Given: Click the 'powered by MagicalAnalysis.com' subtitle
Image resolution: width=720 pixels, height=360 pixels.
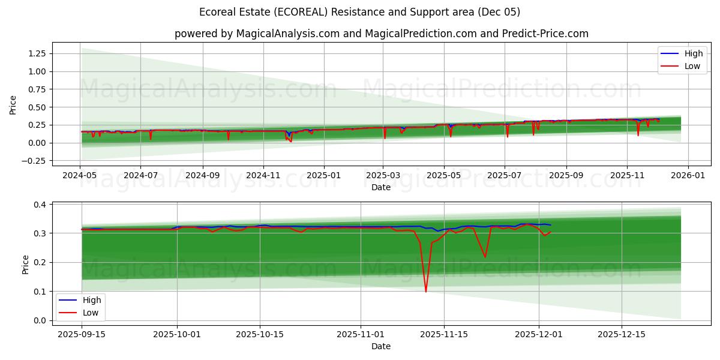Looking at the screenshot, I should (x=381, y=34).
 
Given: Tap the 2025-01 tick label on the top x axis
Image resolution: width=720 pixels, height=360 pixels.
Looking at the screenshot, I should (x=324, y=176).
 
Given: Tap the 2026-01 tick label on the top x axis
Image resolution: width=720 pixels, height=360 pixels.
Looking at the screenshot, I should (x=688, y=176).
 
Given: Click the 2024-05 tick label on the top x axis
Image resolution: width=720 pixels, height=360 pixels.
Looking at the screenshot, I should (x=80, y=176).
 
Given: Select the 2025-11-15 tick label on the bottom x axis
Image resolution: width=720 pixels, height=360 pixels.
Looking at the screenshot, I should (x=443, y=335).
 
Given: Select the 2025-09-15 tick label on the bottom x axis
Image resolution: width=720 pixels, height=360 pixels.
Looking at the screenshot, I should (x=82, y=335).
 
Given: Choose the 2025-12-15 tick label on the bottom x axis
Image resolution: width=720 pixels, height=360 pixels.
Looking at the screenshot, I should (x=622, y=335).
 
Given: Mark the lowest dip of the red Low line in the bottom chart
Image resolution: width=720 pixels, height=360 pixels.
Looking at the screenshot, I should (x=426, y=292).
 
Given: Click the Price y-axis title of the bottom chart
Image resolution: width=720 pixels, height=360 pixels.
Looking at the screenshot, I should (x=25, y=264).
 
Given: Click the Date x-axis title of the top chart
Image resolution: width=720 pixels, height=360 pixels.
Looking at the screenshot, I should (x=381, y=187).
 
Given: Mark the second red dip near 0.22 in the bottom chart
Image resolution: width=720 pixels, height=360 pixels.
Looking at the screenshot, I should (x=485, y=257).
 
